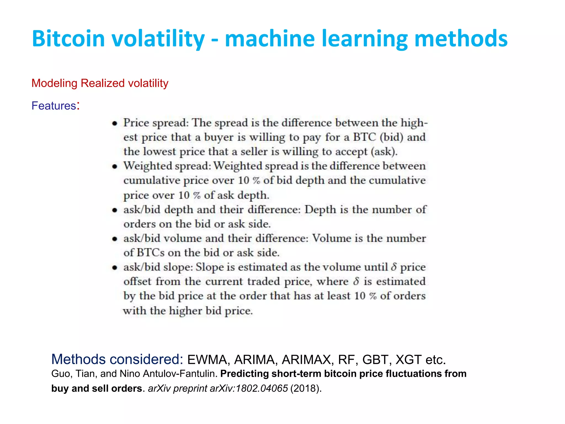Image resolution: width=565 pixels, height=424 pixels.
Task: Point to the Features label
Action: pyautogui.click(x=54, y=106)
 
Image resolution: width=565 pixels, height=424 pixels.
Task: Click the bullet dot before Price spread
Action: pyautogui.click(x=115, y=123)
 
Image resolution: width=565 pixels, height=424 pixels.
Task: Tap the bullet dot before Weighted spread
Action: pyautogui.click(x=115, y=166)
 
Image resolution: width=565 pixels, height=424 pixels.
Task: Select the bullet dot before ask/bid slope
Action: pyautogui.click(x=115, y=267)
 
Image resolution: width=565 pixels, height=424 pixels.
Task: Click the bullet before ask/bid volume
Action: pyautogui.click(x=115, y=239)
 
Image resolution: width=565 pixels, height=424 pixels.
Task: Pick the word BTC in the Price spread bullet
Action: pyautogui.click(x=364, y=137)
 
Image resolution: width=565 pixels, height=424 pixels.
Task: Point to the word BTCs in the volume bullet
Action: pyautogui.click(x=150, y=253)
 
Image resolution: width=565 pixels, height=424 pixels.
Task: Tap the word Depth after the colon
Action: pyautogui.click(x=320, y=210)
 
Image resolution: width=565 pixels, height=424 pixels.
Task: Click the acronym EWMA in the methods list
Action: pyautogui.click(x=207, y=360)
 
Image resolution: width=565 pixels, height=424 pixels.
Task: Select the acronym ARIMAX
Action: pyautogui.click(x=306, y=360)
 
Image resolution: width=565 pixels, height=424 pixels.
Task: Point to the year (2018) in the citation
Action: pyautogui.click(x=306, y=388)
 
